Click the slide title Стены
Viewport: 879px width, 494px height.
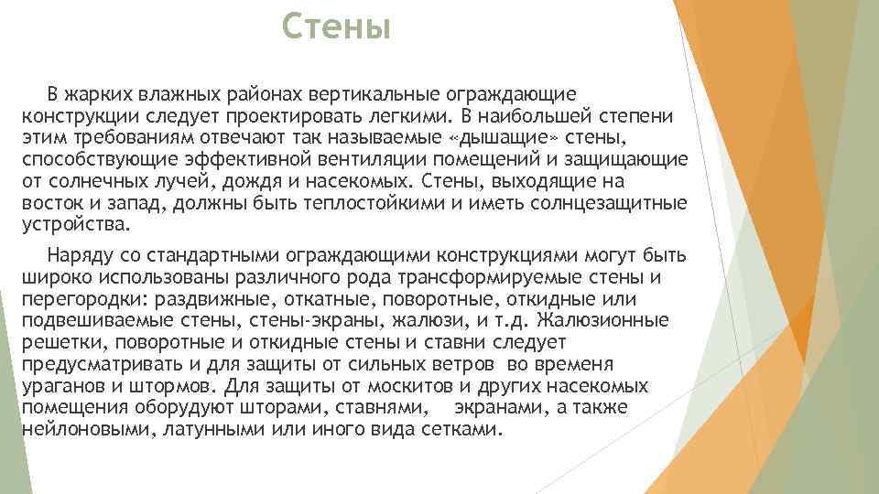[336, 27]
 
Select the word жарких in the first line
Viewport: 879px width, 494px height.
[98, 94]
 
